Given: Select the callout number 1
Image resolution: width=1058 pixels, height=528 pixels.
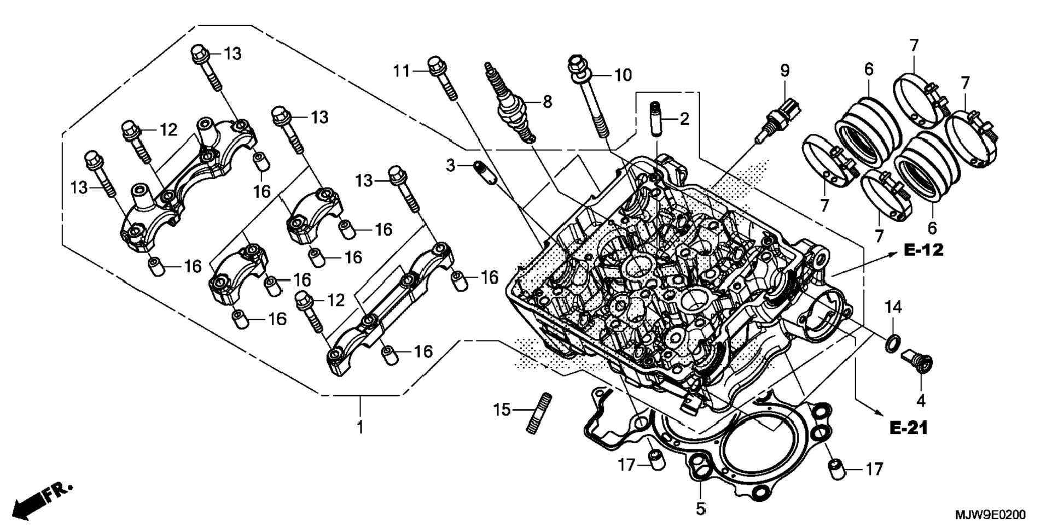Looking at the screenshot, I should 360,427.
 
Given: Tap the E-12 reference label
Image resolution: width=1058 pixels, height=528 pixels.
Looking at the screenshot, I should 923,250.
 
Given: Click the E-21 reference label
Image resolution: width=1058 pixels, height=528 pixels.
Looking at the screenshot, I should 909,428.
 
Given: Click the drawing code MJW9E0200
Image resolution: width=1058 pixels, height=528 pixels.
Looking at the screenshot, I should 990,515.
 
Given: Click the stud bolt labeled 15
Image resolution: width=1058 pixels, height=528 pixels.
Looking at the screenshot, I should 539,413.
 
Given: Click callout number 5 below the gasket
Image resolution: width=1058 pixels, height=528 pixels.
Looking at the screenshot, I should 701,508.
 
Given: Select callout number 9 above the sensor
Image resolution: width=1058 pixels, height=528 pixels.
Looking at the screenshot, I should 785,71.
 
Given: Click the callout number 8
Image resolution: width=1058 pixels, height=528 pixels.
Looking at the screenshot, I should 547,102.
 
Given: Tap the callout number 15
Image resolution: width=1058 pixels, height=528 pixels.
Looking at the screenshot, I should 501,409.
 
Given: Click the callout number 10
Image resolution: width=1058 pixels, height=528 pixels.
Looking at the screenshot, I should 623,75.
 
